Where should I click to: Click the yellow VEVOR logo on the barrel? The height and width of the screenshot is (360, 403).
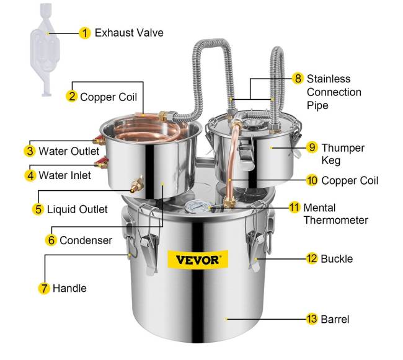198,260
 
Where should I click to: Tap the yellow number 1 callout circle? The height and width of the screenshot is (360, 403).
84,33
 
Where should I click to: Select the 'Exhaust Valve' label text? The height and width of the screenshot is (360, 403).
129,33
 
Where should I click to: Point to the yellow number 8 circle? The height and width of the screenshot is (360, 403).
298,78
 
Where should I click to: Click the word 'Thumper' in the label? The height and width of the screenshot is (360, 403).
343,148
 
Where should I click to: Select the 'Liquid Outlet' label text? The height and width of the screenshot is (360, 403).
77,209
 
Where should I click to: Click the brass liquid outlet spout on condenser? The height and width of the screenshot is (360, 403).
137,185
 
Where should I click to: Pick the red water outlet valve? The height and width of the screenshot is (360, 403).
99,140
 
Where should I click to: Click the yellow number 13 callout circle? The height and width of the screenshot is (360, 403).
312,319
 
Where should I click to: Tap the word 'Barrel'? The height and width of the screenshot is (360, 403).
335,320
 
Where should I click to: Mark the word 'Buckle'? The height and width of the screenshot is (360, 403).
337,259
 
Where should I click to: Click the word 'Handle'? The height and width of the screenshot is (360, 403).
69,288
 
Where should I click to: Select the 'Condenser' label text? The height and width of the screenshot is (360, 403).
86,240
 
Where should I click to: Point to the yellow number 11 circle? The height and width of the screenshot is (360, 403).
294,207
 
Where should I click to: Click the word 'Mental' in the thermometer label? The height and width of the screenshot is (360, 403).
319,208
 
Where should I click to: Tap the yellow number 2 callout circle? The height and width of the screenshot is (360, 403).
72,97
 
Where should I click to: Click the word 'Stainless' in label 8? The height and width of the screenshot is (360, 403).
329,79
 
